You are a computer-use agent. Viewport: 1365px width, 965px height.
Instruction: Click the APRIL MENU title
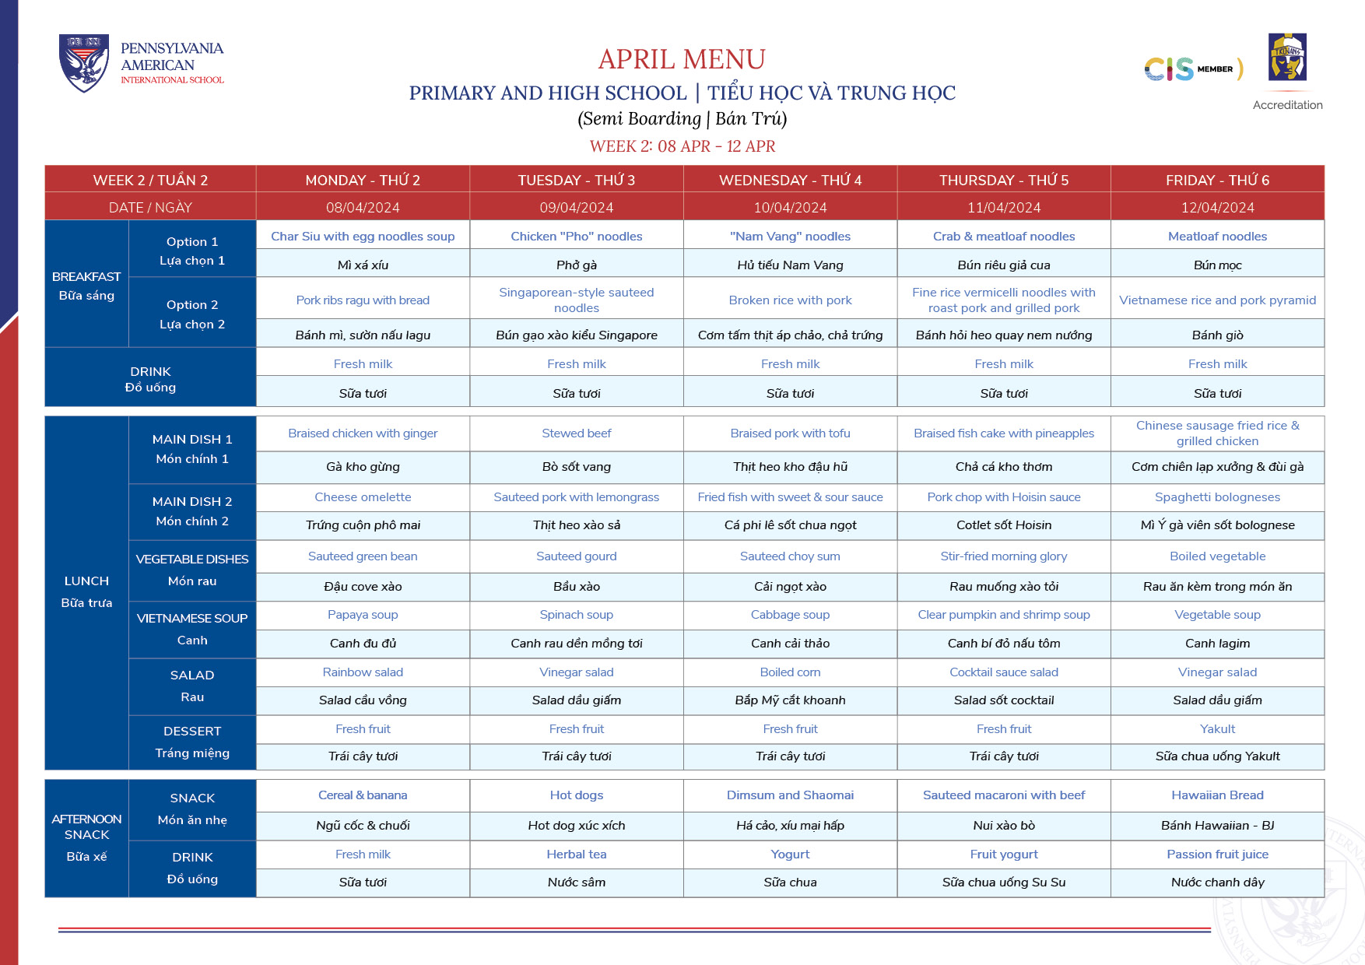682,59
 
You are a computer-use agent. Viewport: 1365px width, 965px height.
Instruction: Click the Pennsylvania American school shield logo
84,63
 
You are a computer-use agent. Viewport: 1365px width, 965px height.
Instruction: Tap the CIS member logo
1192,69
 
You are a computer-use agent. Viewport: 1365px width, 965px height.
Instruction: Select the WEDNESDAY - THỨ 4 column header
790,180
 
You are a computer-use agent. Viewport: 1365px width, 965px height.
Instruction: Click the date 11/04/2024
1003,208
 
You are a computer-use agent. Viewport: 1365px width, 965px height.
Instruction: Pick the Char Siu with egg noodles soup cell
363,236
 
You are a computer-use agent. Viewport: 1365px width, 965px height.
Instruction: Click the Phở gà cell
576,265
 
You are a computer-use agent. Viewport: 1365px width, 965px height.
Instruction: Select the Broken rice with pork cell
790,300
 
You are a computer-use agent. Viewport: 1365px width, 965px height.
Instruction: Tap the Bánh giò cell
1217,335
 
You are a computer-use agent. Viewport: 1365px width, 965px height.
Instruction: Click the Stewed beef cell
576,433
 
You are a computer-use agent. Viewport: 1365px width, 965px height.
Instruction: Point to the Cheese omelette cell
363,497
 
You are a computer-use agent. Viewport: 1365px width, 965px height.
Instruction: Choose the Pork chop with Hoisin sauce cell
1003,497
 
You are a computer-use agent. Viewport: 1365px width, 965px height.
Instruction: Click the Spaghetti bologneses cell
1217,497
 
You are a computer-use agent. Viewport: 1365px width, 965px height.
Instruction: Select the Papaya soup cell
363,614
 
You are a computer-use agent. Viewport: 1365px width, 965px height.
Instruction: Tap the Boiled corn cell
790,672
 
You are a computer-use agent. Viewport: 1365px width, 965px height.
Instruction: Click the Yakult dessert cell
1217,728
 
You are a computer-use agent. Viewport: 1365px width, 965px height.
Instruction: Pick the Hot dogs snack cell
576,795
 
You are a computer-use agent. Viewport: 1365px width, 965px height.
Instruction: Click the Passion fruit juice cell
1217,854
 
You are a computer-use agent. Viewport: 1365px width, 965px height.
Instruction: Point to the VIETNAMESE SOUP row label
192,619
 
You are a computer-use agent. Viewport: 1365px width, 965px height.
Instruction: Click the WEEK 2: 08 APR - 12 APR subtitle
682,146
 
